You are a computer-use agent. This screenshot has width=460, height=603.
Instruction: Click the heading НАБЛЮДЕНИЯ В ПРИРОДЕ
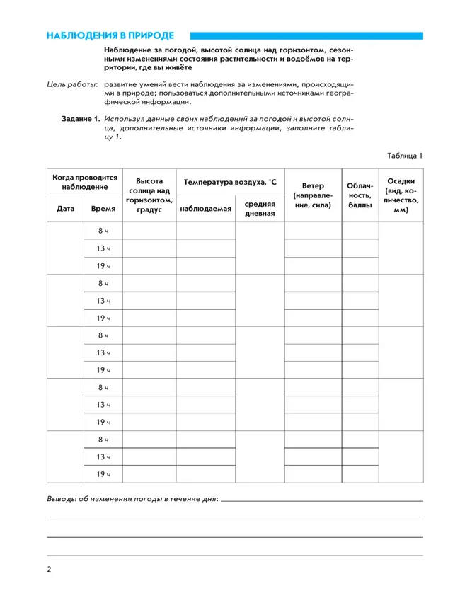coord(110,35)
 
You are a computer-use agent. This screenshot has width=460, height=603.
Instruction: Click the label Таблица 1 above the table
coord(404,155)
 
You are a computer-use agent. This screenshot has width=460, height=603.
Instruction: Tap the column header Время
coord(104,209)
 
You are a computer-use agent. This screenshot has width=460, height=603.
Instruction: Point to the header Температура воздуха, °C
coord(230,182)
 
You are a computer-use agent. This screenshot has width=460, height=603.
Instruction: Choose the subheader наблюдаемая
coord(206,209)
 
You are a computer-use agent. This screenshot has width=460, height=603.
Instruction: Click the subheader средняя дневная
coord(260,209)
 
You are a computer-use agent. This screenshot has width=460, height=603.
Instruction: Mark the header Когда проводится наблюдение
coord(85,182)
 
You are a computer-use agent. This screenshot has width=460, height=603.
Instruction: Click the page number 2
coord(49,569)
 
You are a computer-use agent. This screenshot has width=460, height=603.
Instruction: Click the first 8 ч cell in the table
coord(104,231)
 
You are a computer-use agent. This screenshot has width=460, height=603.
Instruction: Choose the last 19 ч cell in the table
coord(104,474)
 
